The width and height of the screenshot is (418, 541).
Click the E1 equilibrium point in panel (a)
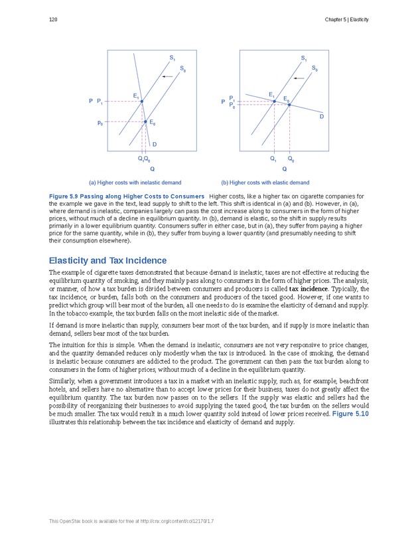coord(141,102)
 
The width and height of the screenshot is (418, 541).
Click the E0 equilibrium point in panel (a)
coord(145,121)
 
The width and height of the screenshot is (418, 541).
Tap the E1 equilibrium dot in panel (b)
coord(274,101)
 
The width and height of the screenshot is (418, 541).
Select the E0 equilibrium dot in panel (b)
coord(289,104)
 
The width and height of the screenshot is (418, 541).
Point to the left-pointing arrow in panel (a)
coord(168,77)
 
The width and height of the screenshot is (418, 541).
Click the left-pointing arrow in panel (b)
coord(300,78)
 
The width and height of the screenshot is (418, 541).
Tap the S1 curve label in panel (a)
coord(172,58)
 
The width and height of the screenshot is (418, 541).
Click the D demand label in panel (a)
coord(154,144)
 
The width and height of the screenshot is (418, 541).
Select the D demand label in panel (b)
coord(321,117)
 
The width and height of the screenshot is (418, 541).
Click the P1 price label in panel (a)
coord(100,102)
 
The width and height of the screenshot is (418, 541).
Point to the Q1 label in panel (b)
coord(273,159)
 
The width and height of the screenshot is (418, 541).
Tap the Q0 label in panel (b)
coord(291,159)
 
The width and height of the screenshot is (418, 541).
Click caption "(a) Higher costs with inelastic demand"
coord(135,183)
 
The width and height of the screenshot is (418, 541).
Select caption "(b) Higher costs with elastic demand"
coord(265,183)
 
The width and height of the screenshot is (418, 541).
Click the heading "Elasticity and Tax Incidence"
coord(107,260)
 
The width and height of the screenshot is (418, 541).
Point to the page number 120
coord(53,20)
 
